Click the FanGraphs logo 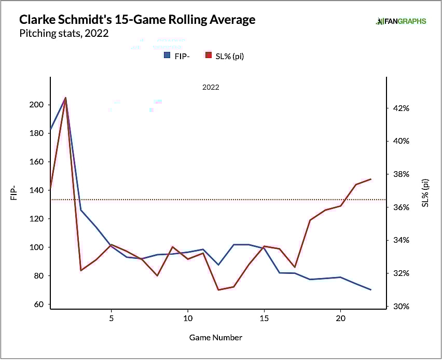tap(401, 21)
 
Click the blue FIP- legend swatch tap(167, 56)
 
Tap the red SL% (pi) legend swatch tap(209, 56)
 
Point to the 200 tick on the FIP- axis tap(38, 105)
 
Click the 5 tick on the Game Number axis tap(112, 317)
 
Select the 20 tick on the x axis tap(340, 317)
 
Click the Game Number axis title tap(215, 337)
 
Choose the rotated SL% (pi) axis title tap(425, 193)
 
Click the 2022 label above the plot tap(211, 87)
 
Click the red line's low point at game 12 tap(218, 290)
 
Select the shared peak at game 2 tap(65, 98)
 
